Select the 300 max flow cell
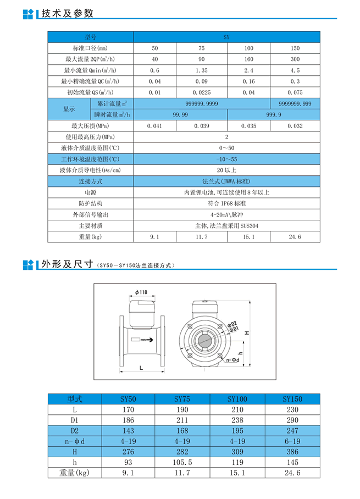(x=295, y=59)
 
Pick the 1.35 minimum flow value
(x=202, y=70)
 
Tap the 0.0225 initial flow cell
(x=202, y=92)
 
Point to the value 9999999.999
(x=295, y=103)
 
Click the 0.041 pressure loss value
(x=155, y=126)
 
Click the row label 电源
(x=90, y=192)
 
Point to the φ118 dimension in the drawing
(x=140, y=292)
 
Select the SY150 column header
(x=292, y=399)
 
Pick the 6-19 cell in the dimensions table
(x=292, y=441)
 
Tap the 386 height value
(x=292, y=451)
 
